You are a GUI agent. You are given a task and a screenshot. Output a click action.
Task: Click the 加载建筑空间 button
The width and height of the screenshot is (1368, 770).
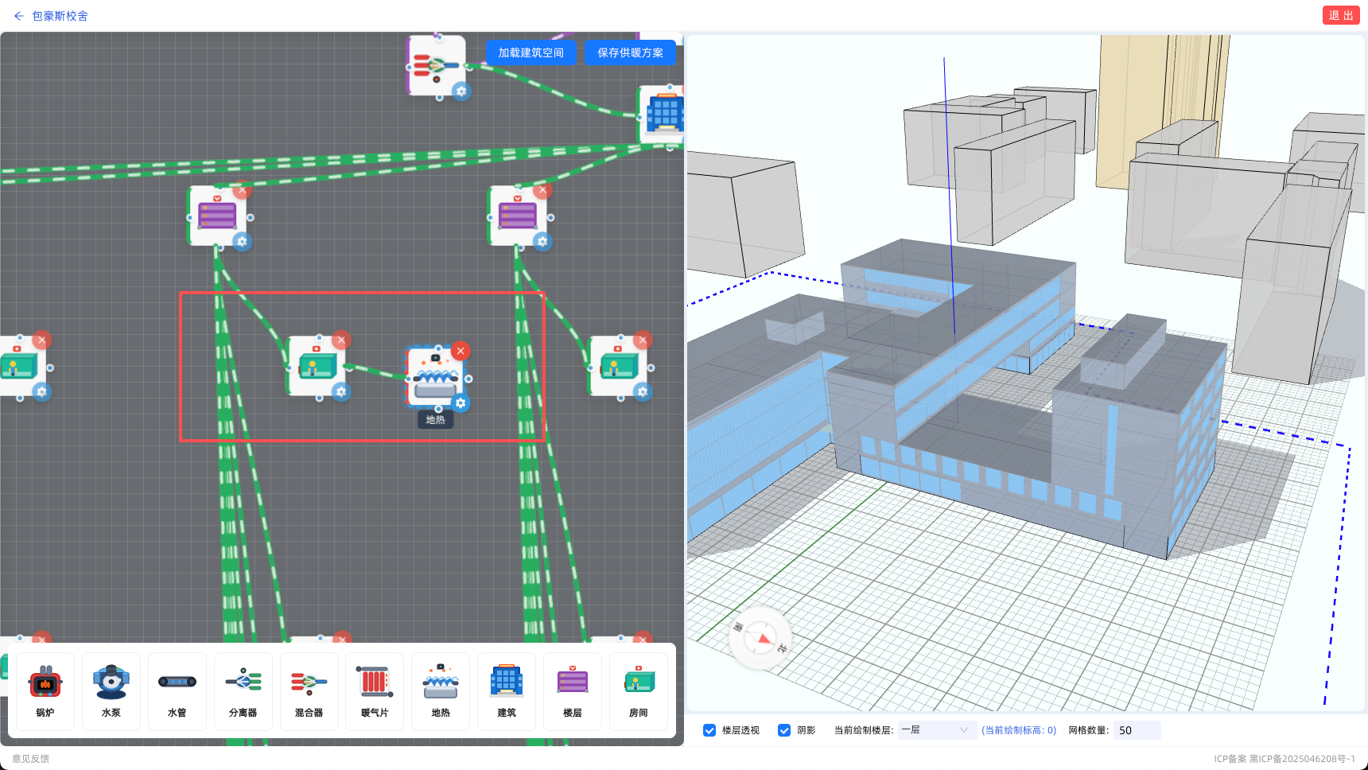[531, 52]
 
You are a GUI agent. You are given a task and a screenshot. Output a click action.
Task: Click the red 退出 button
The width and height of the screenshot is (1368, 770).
[1341, 16]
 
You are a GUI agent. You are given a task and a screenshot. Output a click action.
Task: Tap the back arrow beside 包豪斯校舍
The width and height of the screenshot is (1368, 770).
[19, 16]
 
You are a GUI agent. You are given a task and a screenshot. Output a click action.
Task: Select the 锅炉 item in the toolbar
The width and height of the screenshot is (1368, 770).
[45, 691]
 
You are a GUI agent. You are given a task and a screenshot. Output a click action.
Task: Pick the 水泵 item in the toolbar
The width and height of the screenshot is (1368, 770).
[111, 691]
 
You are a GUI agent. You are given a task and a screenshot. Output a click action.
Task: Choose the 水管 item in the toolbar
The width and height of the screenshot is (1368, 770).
[177, 691]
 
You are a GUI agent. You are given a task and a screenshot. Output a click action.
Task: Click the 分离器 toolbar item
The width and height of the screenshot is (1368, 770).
[243, 691]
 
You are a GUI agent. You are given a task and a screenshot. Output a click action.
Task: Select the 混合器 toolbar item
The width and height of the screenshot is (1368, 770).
[309, 691]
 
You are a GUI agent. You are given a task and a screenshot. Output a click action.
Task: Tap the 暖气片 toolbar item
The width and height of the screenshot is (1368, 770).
[375, 691]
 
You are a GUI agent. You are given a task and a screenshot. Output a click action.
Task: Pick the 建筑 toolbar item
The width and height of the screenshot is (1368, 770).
[507, 691]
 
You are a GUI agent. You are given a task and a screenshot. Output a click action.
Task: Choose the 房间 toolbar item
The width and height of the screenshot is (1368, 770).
[639, 691]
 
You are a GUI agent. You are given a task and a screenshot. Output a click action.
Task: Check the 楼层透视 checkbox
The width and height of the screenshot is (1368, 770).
[709, 730]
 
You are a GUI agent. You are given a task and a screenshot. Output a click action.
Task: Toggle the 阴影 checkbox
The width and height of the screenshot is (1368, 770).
[784, 730]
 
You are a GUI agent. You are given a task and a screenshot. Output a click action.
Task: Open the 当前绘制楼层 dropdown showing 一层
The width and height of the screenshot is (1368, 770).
[937, 730]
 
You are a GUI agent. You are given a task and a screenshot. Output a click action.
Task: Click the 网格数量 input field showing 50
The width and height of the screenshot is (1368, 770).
[1137, 730]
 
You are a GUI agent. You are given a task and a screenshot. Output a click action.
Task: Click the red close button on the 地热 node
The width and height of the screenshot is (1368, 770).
[461, 351]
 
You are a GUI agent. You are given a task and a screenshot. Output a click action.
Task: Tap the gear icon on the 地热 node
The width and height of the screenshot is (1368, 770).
[461, 403]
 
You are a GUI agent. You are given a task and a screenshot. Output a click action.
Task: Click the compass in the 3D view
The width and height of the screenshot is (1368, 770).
[760, 638]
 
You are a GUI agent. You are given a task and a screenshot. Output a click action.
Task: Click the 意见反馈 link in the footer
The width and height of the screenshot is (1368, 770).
[30, 759]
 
